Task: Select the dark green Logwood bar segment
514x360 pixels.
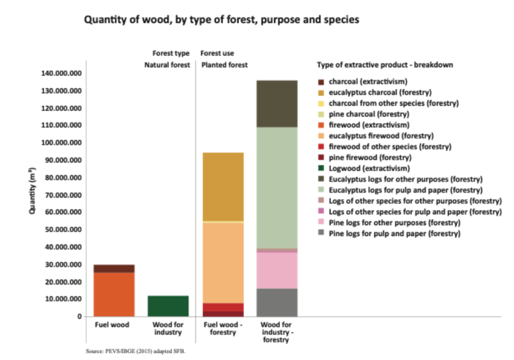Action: [168, 306]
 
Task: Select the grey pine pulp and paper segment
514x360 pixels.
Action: [277, 302]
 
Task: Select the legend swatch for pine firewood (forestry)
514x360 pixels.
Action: [320, 158]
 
